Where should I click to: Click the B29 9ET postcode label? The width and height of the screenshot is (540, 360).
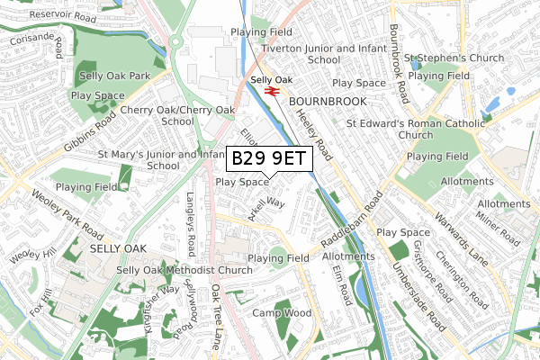pyautogui.click(x=269, y=159)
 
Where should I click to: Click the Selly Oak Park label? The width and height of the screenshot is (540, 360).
pyautogui.click(x=114, y=76)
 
